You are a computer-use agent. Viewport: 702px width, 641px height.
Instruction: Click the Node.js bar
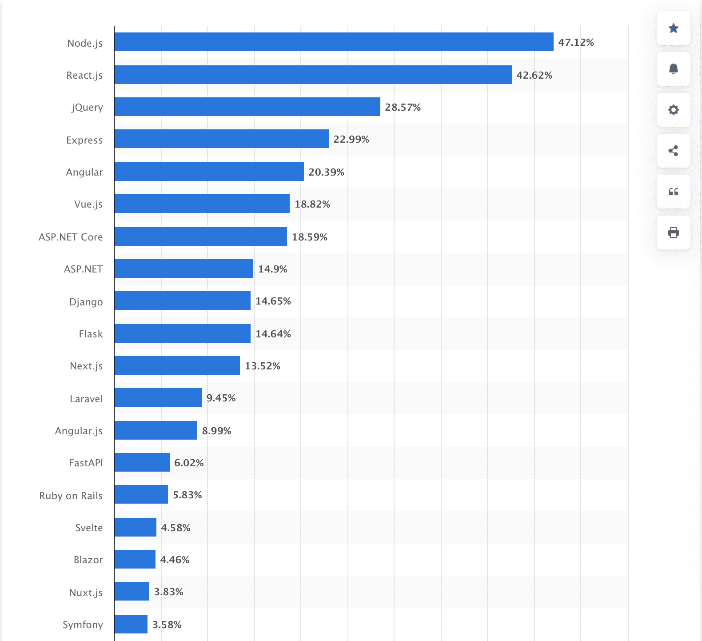click(x=333, y=42)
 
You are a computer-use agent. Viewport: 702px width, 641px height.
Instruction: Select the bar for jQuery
click(x=247, y=107)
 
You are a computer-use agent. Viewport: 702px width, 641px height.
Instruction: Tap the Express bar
click(x=221, y=139)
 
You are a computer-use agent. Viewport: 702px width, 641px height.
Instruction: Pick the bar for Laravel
click(x=158, y=397)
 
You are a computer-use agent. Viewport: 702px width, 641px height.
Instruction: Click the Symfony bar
click(x=131, y=624)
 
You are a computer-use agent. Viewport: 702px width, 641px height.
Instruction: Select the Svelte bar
click(x=135, y=527)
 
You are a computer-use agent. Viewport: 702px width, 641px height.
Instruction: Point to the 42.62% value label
click(x=534, y=75)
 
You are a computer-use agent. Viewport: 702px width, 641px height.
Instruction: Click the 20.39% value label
click(x=326, y=172)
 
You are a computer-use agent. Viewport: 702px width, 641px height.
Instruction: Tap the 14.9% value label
click(x=272, y=269)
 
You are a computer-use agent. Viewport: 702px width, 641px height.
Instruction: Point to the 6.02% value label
click(x=189, y=463)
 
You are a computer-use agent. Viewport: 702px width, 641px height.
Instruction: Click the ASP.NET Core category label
click(x=71, y=237)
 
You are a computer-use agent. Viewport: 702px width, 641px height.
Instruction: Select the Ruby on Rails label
click(x=71, y=496)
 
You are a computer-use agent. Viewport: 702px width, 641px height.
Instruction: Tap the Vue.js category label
click(x=88, y=204)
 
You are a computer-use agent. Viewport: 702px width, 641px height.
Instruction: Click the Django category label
click(x=86, y=302)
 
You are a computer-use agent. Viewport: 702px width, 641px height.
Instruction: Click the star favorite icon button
click(x=673, y=28)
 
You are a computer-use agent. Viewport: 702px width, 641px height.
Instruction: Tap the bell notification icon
click(x=673, y=69)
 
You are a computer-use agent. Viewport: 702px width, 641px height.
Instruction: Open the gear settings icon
click(x=673, y=110)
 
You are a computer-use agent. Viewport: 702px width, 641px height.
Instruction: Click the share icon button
click(x=673, y=151)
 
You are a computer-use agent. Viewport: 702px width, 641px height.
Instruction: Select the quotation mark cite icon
click(x=673, y=192)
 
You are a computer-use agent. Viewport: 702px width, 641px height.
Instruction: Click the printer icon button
click(x=673, y=232)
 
